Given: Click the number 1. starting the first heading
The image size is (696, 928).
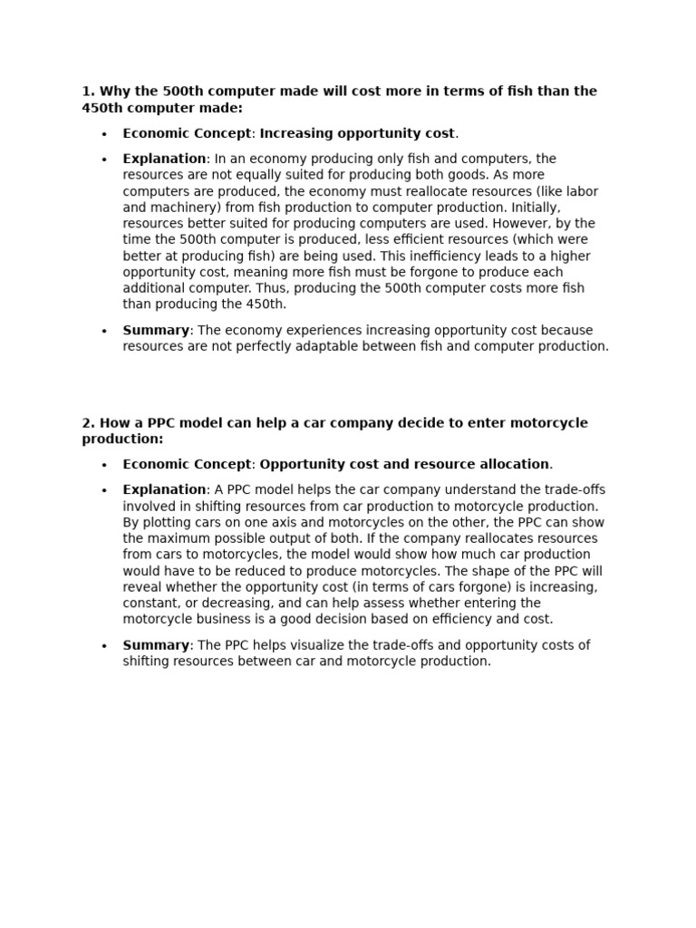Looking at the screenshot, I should [88, 92].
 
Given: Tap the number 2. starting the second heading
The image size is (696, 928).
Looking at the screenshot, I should [88, 423].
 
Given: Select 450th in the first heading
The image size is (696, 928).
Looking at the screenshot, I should [103, 109].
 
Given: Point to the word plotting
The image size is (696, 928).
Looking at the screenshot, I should [168, 523].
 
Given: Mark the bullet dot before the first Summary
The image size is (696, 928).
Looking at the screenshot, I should [104, 332].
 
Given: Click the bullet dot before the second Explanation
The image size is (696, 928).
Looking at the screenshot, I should [104, 491].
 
